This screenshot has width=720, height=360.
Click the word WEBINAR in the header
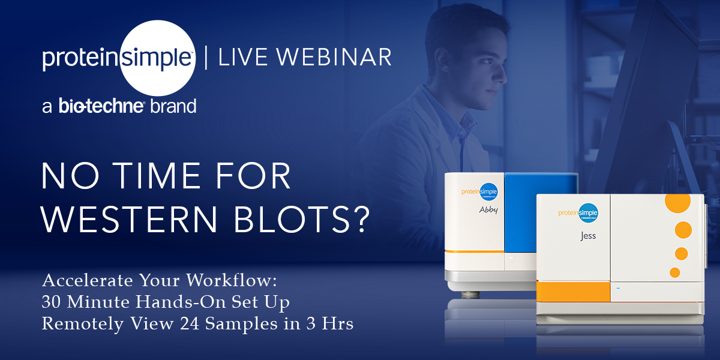pos(334,57)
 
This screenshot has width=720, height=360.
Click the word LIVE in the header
pos(242,57)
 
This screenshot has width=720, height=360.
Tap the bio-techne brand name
pos(101,106)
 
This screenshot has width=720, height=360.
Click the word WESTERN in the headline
pos(129,220)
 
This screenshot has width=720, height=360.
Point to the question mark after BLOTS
pos(363,220)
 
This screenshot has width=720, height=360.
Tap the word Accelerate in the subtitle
pos(88,280)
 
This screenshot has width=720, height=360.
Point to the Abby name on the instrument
pos(488,210)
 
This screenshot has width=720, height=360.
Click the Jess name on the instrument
pos(588,236)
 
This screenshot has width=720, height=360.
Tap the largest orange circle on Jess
pos(677,202)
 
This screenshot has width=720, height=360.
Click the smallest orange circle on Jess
pos(674,272)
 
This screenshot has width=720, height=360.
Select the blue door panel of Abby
pos(540,212)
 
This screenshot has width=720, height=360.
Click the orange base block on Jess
pos(574,292)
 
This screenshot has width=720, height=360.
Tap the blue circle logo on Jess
pos(588,213)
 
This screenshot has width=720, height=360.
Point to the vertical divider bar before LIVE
pos(206,57)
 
